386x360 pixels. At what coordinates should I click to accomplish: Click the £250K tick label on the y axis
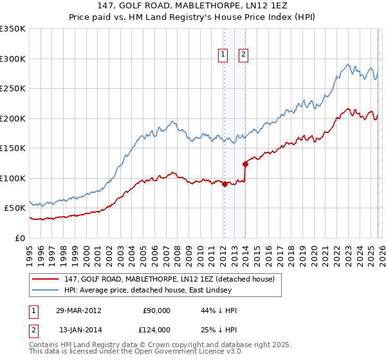click(13, 88)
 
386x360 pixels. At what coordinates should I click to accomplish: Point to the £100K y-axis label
click(13, 178)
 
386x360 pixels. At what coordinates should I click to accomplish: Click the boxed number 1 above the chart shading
click(223, 55)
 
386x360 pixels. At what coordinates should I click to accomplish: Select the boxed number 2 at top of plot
click(243, 55)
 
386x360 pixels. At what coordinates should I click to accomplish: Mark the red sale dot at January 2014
click(245, 164)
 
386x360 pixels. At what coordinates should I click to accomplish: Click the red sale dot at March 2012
click(225, 184)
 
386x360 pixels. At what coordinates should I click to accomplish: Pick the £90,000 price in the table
click(157, 310)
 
